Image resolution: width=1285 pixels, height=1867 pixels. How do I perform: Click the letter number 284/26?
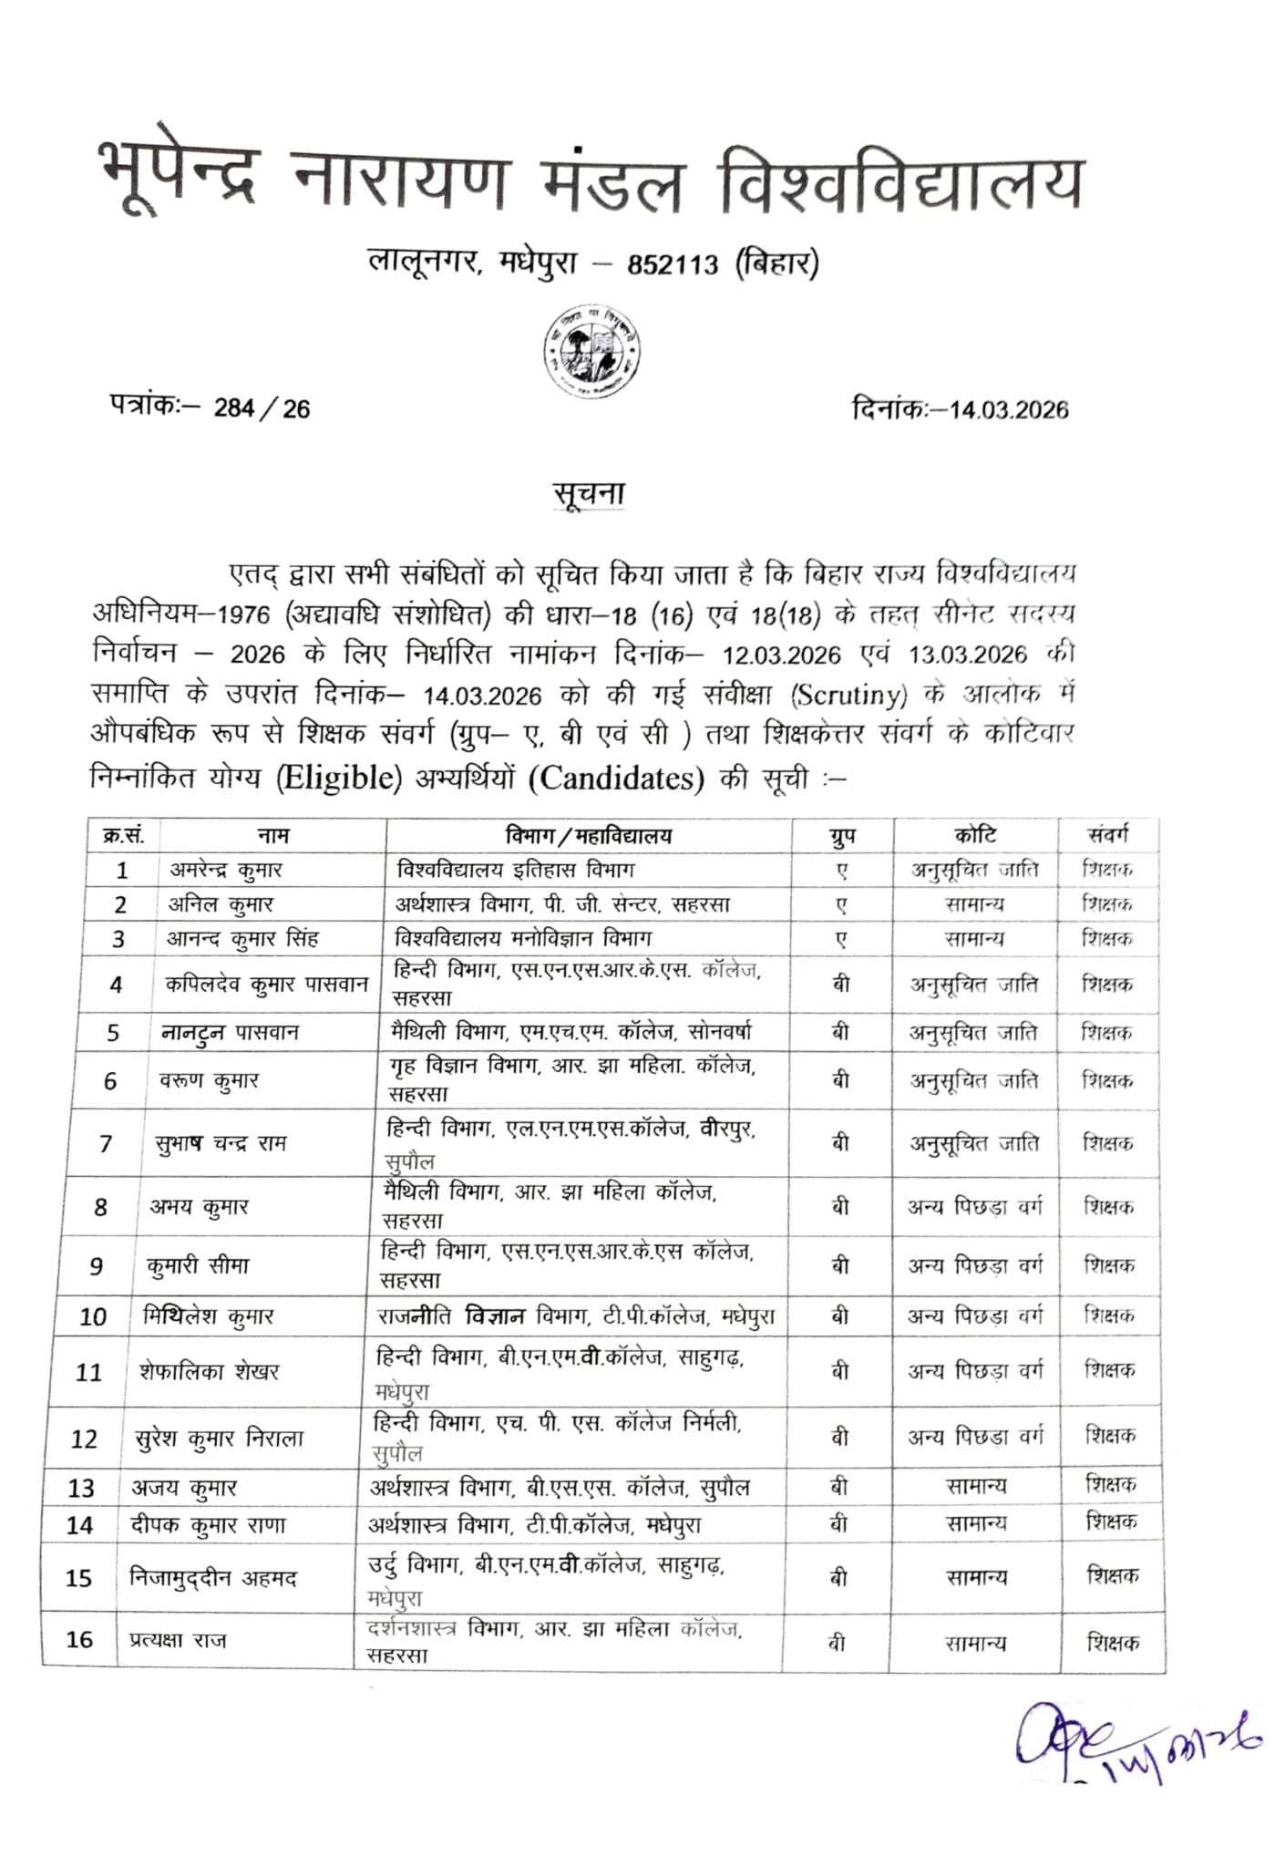coord(262,408)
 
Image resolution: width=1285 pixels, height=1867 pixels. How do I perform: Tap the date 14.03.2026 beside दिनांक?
coord(1009,409)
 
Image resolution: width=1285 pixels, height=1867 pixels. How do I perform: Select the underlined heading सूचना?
coord(589,493)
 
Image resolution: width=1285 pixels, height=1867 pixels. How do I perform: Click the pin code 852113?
coord(673,265)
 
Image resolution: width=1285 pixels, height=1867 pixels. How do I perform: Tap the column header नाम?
coord(272,835)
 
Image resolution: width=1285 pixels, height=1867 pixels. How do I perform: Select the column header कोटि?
coord(975,835)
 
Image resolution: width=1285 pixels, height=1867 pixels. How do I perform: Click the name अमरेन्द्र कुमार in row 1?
coord(227,870)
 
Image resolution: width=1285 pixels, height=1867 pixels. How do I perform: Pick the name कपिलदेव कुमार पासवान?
coord(266,985)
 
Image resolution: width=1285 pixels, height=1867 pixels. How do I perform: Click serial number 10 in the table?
coord(93,1316)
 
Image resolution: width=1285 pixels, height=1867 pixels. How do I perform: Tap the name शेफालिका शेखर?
coord(210,1371)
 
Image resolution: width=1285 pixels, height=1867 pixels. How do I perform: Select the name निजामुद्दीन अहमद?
coord(213,1578)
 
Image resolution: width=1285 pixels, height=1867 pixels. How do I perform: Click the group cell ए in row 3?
coord(841,939)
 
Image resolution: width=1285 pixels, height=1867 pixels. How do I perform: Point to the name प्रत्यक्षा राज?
coord(177,1640)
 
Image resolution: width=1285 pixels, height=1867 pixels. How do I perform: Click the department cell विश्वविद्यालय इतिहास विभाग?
coord(516,870)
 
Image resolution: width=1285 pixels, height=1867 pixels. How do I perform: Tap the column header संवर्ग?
coord(1107,834)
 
